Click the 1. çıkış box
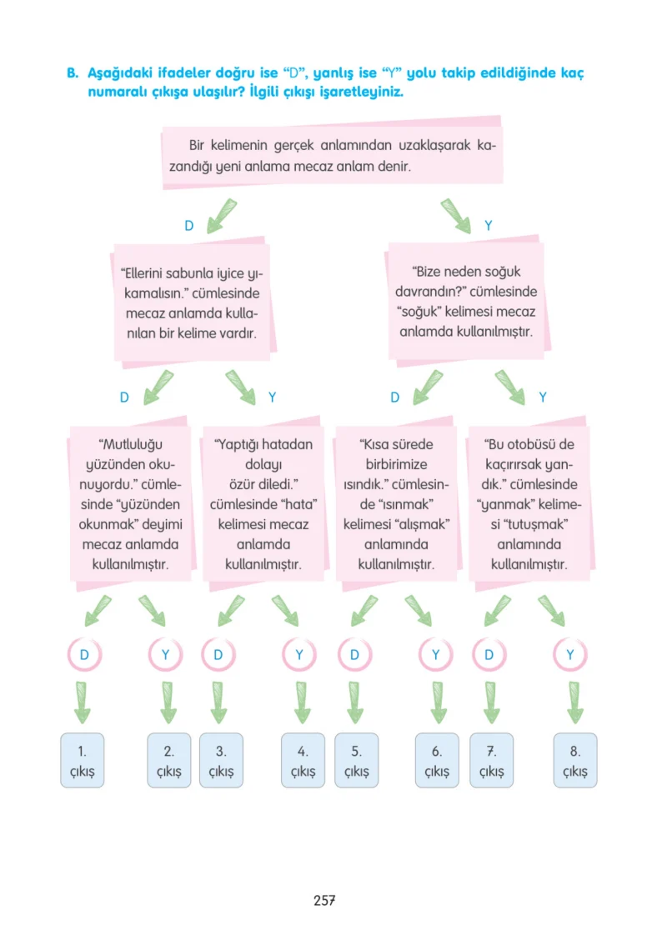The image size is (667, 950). [83, 760]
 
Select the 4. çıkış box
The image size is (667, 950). [303, 760]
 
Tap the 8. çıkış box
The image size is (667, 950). [575, 760]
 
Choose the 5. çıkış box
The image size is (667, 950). [357, 760]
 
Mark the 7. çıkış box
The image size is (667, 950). [492, 760]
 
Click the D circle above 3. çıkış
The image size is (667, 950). [218, 655]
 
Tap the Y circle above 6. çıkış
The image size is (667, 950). [436, 655]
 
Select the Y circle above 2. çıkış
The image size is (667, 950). [166, 655]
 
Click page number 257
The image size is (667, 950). [324, 900]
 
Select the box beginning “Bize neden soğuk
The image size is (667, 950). [467, 301]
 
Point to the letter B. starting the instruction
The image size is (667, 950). [73, 73]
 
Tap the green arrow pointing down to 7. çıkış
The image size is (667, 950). [491, 702]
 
